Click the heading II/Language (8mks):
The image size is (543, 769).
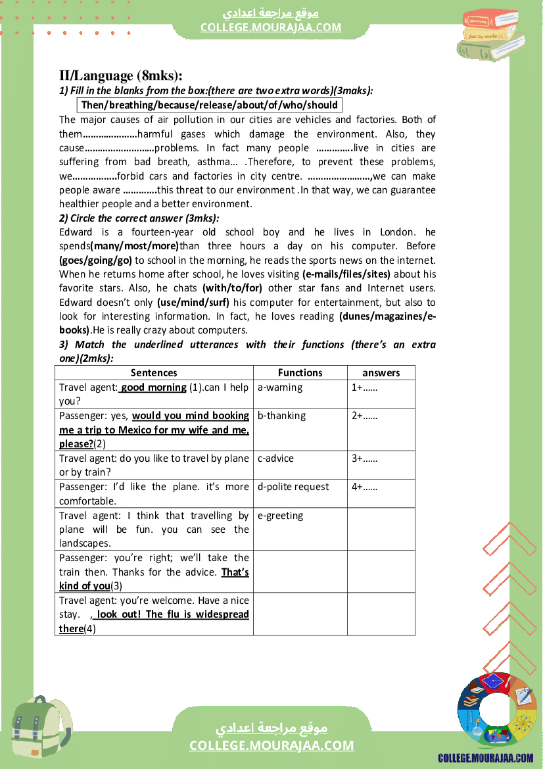(x=121, y=76)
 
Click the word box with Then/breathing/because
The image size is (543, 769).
(x=210, y=105)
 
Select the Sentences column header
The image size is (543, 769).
(x=154, y=372)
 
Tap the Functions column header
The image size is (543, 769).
(x=300, y=372)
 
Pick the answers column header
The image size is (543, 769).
(x=381, y=372)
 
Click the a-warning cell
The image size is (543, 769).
(x=280, y=387)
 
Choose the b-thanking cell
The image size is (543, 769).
(x=281, y=416)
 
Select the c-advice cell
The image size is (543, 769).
(x=275, y=459)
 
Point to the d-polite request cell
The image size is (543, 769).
(x=293, y=487)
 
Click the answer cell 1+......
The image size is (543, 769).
(x=364, y=387)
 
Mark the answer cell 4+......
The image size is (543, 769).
(x=364, y=487)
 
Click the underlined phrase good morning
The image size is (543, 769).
(x=153, y=387)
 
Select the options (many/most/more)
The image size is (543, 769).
(x=135, y=246)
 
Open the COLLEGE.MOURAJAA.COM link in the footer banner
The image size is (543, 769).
(x=271, y=745)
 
